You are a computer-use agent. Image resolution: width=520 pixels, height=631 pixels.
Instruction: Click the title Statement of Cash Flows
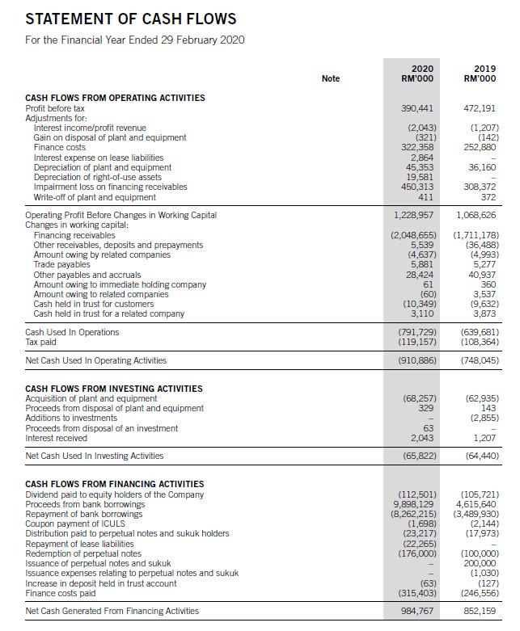pos(131,19)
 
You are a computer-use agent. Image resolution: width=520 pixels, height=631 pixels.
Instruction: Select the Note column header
pos(330,78)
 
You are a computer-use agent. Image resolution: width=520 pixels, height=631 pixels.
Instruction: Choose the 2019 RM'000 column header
pos(480,74)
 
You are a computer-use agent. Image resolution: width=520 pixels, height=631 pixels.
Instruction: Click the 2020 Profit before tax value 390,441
pos(418,108)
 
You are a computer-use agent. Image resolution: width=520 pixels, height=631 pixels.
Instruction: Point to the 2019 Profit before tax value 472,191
pos(480,108)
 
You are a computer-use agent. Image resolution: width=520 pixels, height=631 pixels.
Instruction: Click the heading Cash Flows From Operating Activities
pos(116,98)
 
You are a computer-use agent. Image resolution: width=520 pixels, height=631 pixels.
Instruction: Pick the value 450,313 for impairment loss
pos(419,187)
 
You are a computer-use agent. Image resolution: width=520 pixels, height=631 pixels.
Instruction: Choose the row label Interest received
pos(56,438)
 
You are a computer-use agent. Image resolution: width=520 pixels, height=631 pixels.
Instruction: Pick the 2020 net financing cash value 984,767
pos(418,611)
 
